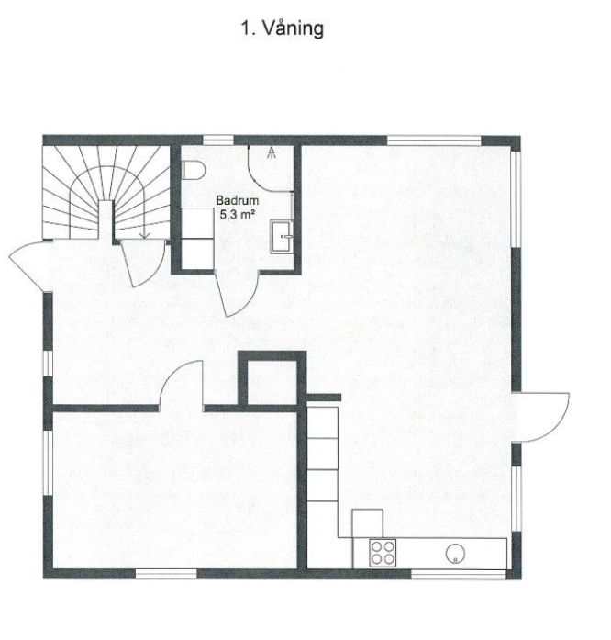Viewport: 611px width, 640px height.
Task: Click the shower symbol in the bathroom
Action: [272, 154]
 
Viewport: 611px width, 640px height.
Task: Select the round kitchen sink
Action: [456, 552]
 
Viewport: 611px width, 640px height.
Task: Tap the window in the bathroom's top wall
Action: [218, 140]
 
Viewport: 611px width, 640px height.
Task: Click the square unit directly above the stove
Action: [367, 522]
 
